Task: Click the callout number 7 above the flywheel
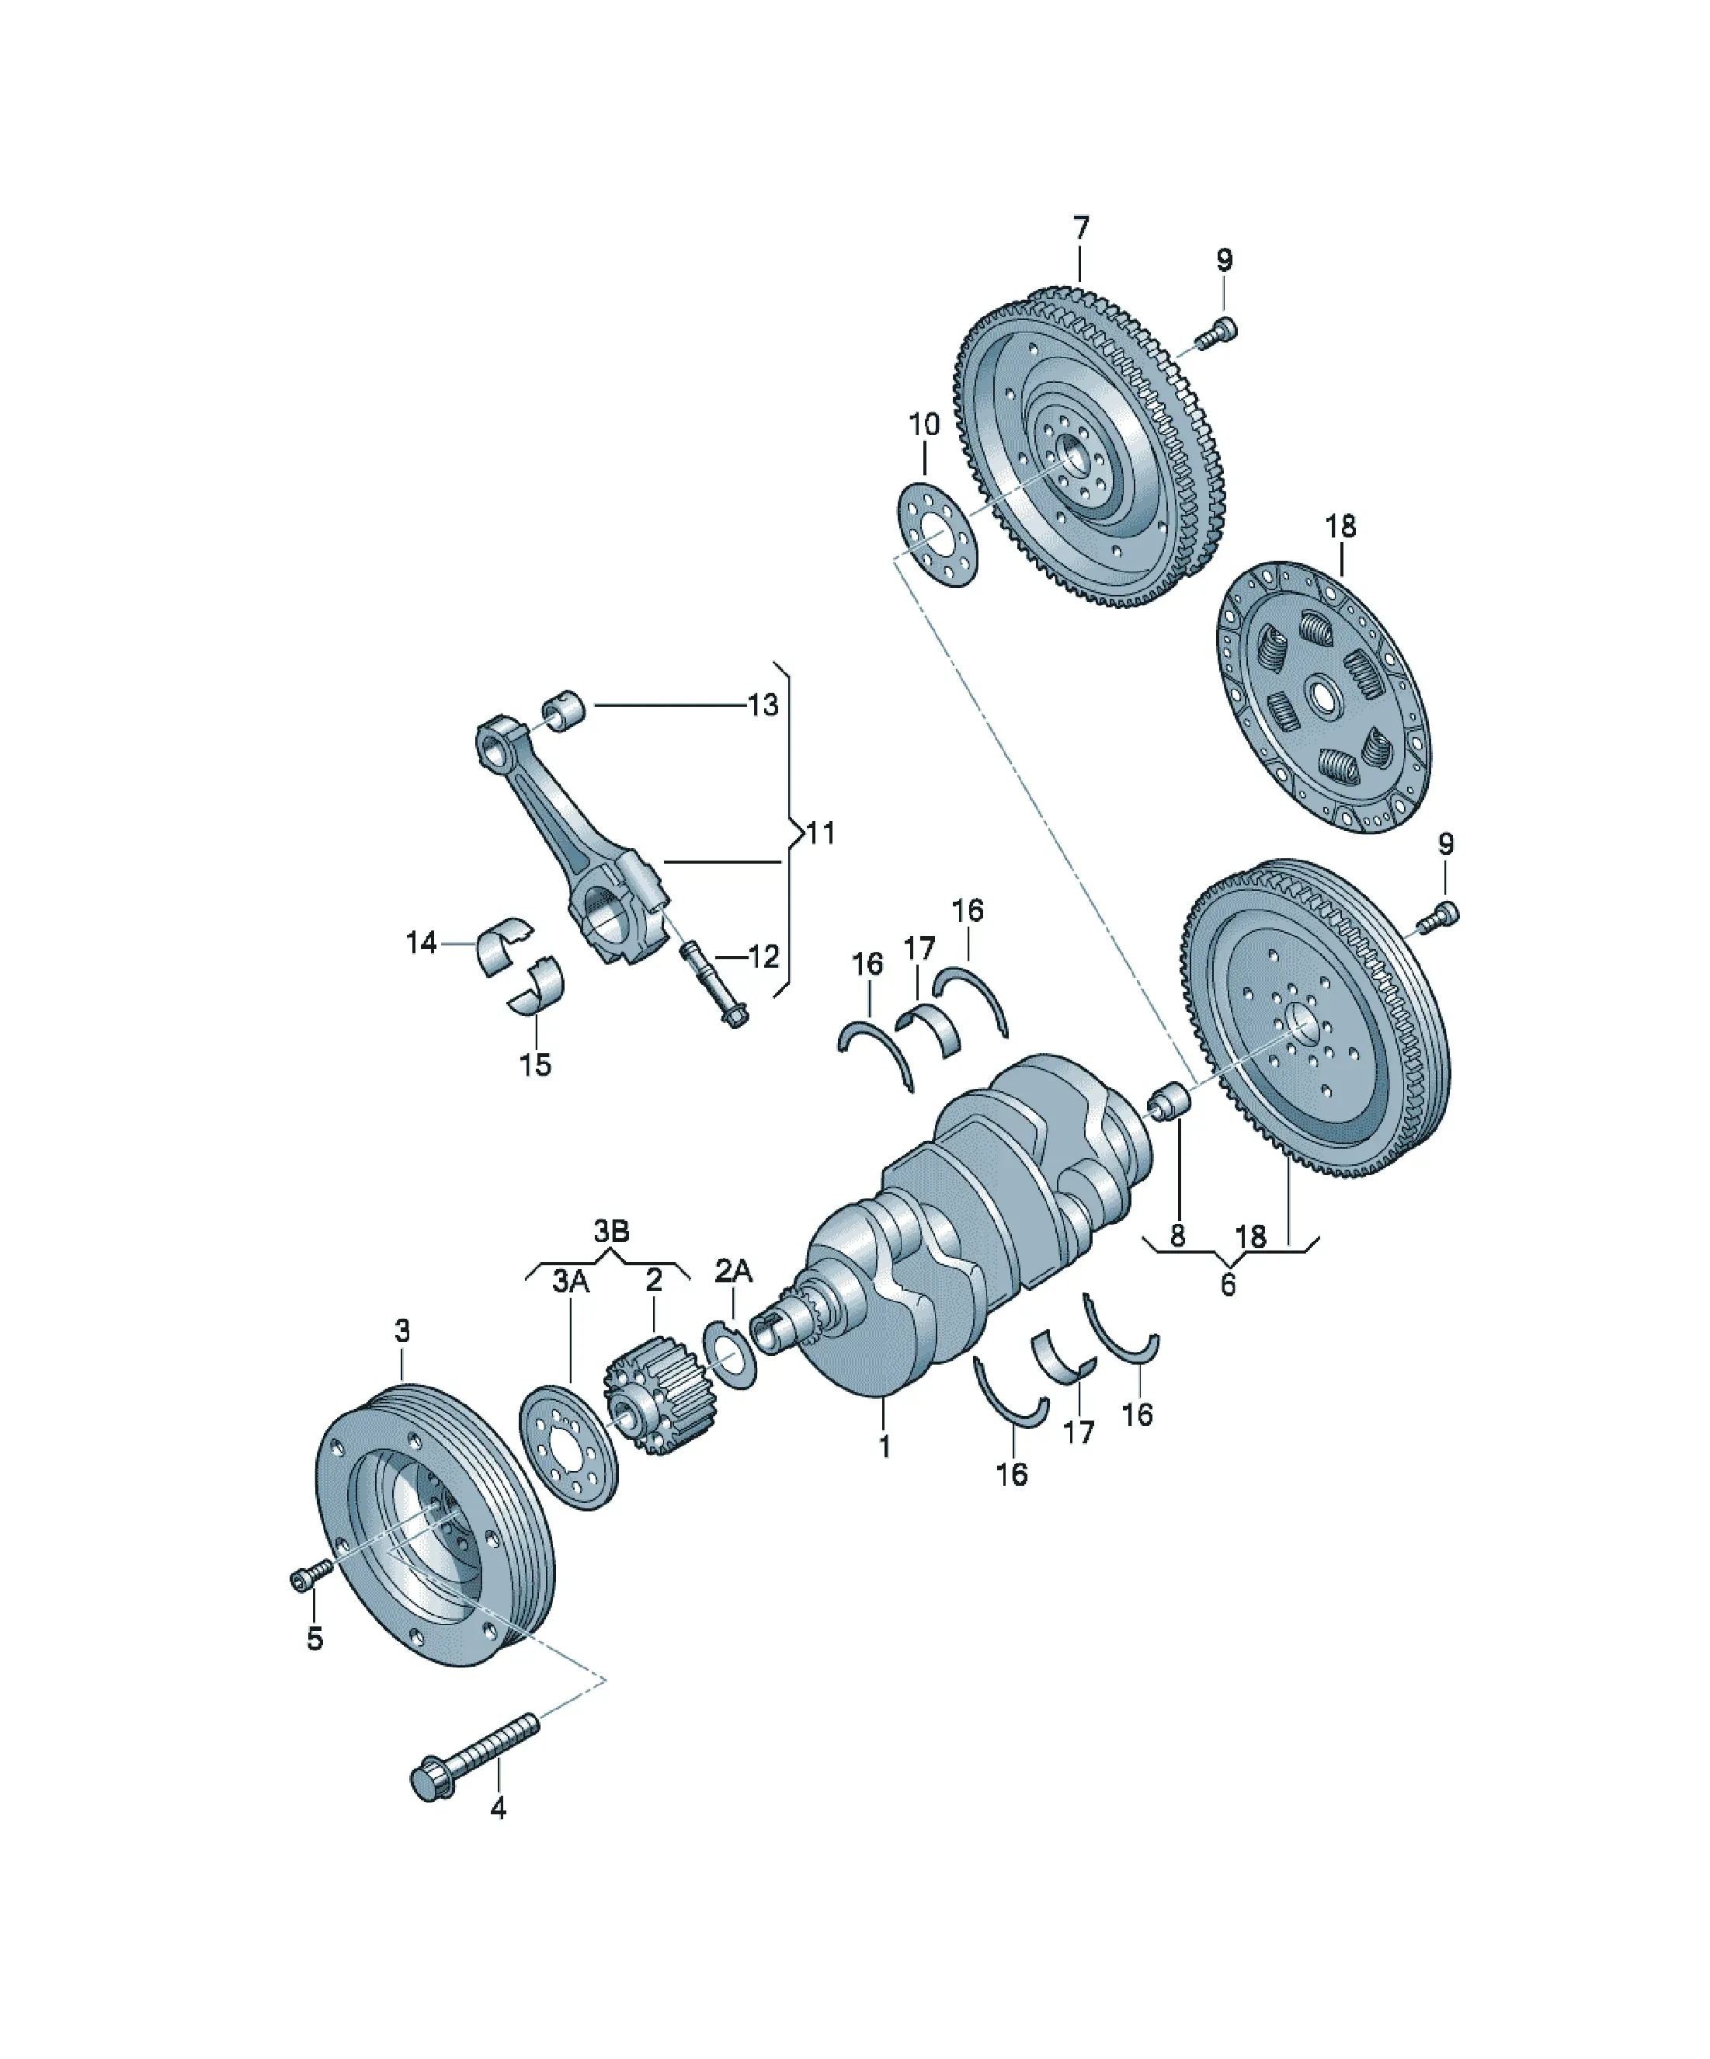1079,228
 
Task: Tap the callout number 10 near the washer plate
923,425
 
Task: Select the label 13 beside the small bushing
762,705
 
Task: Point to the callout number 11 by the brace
820,833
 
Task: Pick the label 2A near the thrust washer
732,1271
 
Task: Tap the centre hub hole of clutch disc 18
1326,697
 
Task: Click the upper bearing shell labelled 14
504,945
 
